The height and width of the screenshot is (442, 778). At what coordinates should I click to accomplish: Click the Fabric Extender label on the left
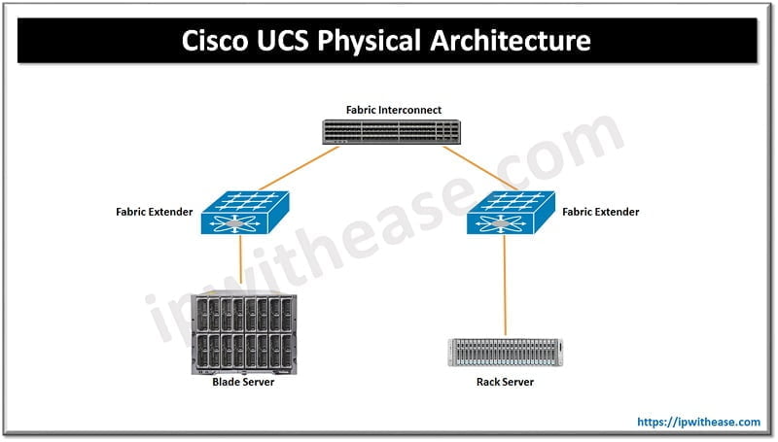(x=155, y=211)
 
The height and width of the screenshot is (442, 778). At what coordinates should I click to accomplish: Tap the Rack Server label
(x=505, y=382)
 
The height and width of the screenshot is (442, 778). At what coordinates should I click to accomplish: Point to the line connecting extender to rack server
(x=504, y=287)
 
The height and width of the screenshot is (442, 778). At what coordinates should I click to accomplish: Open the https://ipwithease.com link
(x=697, y=423)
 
